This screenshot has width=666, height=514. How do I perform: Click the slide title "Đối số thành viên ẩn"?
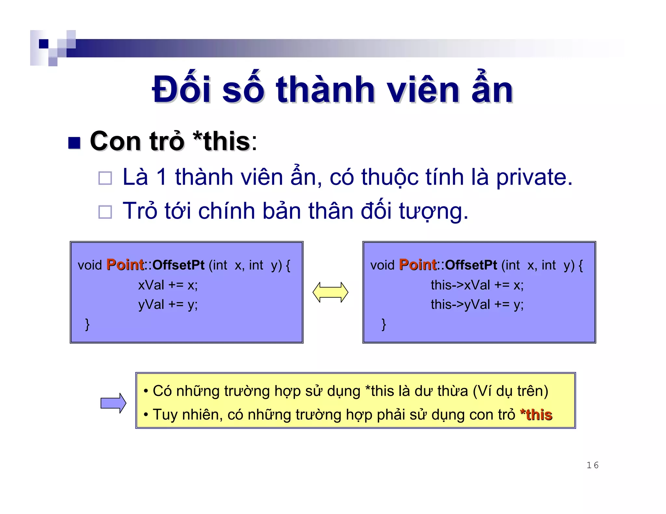coord(332,90)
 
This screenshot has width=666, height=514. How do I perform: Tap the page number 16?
coord(592,465)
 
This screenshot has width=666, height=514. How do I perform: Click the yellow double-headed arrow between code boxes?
coord(330,292)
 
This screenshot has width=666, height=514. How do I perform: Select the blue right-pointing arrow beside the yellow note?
coord(113,403)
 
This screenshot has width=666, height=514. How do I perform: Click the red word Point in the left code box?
coord(125,265)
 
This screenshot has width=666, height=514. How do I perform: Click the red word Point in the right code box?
coord(418,265)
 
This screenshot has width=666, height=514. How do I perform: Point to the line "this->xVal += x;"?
coord(477,285)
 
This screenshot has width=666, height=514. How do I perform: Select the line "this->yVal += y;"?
coord(477,304)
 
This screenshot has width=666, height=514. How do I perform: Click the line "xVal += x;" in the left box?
coord(168,285)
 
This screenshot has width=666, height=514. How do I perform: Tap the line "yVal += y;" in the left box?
coord(168,304)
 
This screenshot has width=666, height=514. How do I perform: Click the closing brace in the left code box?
coord(87,324)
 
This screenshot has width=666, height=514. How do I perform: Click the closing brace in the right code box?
coord(384,324)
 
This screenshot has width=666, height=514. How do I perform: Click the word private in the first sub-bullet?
coord(534,177)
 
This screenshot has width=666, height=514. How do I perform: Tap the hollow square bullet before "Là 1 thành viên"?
coord(105,178)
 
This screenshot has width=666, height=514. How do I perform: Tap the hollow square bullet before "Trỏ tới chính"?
coord(105,212)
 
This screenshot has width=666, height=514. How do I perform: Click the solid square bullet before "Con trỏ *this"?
coord(74,143)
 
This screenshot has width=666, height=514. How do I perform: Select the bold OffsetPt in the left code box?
coord(179,265)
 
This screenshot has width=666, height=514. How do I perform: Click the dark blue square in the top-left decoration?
coord(43,44)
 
